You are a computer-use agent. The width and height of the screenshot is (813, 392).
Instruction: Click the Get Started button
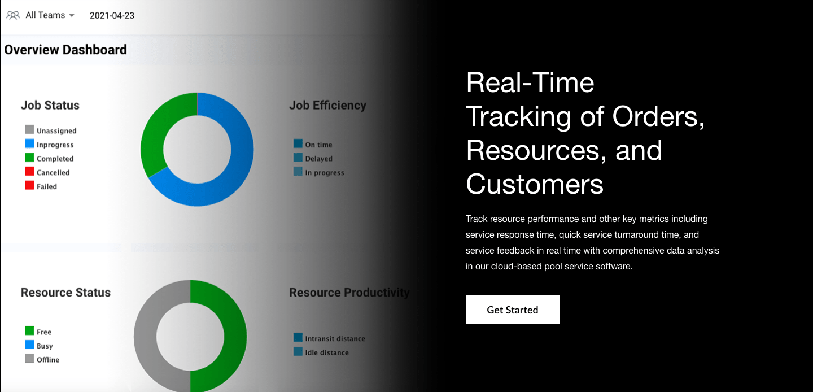[512, 310]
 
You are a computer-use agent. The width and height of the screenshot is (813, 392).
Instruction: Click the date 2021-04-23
[112, 15]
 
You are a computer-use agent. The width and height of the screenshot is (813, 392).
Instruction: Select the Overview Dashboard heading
[65, 50]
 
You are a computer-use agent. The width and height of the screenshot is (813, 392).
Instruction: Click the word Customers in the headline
[535, 184]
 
